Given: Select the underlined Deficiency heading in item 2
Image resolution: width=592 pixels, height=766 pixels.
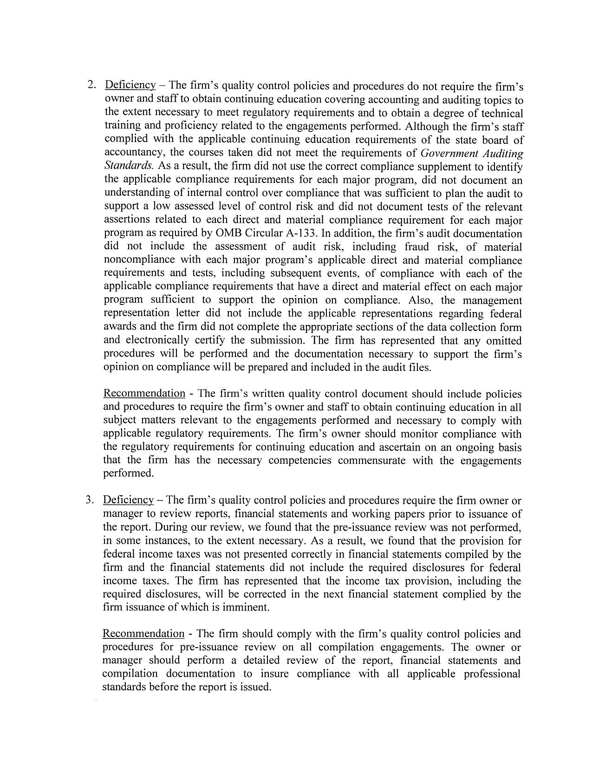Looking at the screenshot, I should tap(130, 85).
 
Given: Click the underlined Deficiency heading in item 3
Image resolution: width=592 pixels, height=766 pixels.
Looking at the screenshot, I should tap(128, 500).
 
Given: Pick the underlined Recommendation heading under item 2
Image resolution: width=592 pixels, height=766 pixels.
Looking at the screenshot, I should tap(144, 394).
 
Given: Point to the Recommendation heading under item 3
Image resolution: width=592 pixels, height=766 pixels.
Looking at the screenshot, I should tap(143, 634).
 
